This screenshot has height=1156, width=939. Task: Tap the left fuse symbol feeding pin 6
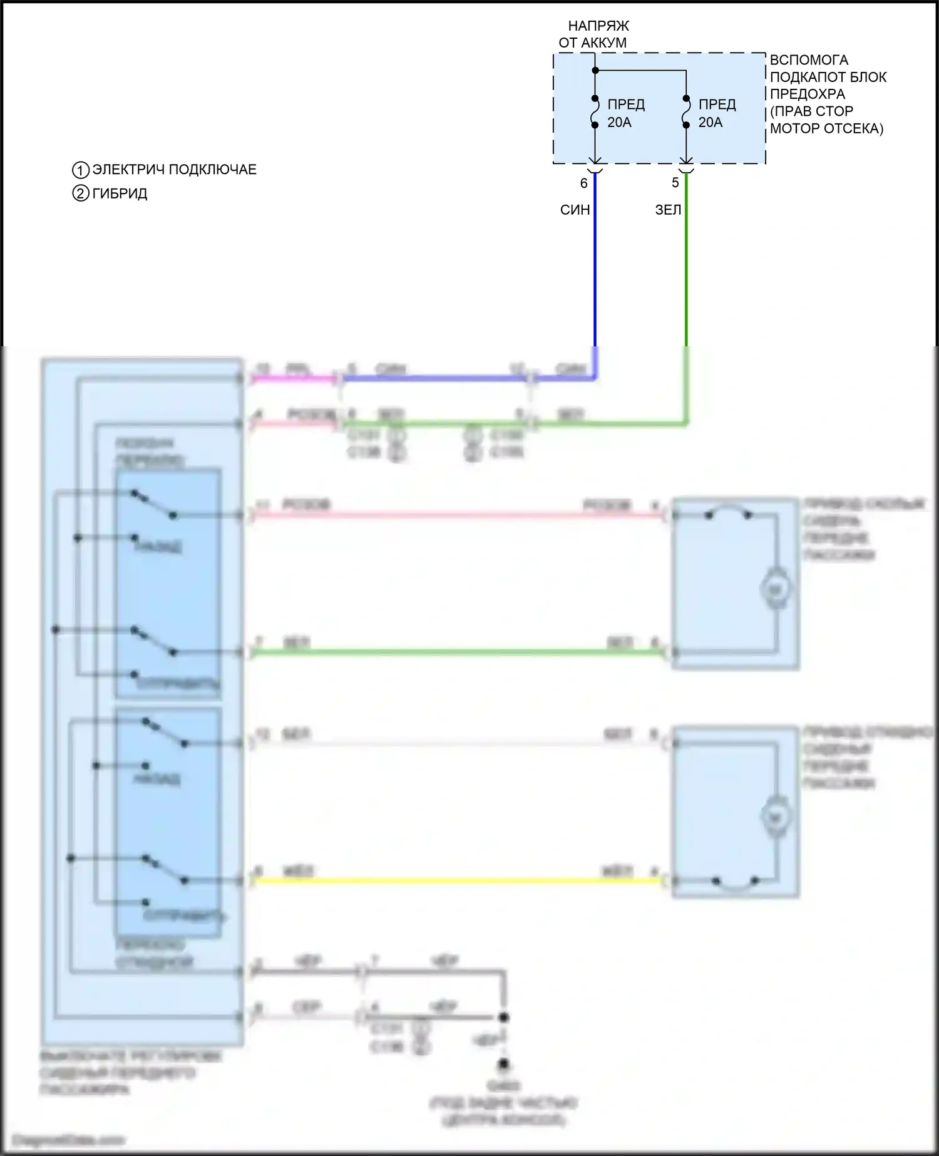coord(595,112)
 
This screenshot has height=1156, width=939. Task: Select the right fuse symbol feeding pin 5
coord(686,112)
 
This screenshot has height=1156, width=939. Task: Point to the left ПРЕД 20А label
coord(626,113)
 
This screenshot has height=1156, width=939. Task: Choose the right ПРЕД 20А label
coord(717,113)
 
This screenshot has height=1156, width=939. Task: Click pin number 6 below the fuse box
coord(583,183)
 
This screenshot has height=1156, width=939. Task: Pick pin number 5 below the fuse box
coord(675,183)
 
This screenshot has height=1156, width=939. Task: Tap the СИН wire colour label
coord(575,210)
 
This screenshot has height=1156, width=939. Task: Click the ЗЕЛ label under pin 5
coord(668,210)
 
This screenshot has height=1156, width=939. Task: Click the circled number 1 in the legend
coord(81,170)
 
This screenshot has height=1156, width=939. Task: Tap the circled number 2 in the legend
coord(81,194)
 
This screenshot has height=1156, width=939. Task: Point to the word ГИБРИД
coord(120,194)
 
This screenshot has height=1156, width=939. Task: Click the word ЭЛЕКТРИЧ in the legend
coord(129,170)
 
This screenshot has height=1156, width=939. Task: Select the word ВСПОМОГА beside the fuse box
coord(809,60)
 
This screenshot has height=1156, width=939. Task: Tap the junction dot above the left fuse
coord(595,70)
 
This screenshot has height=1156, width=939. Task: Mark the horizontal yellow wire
coord(457,881)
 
